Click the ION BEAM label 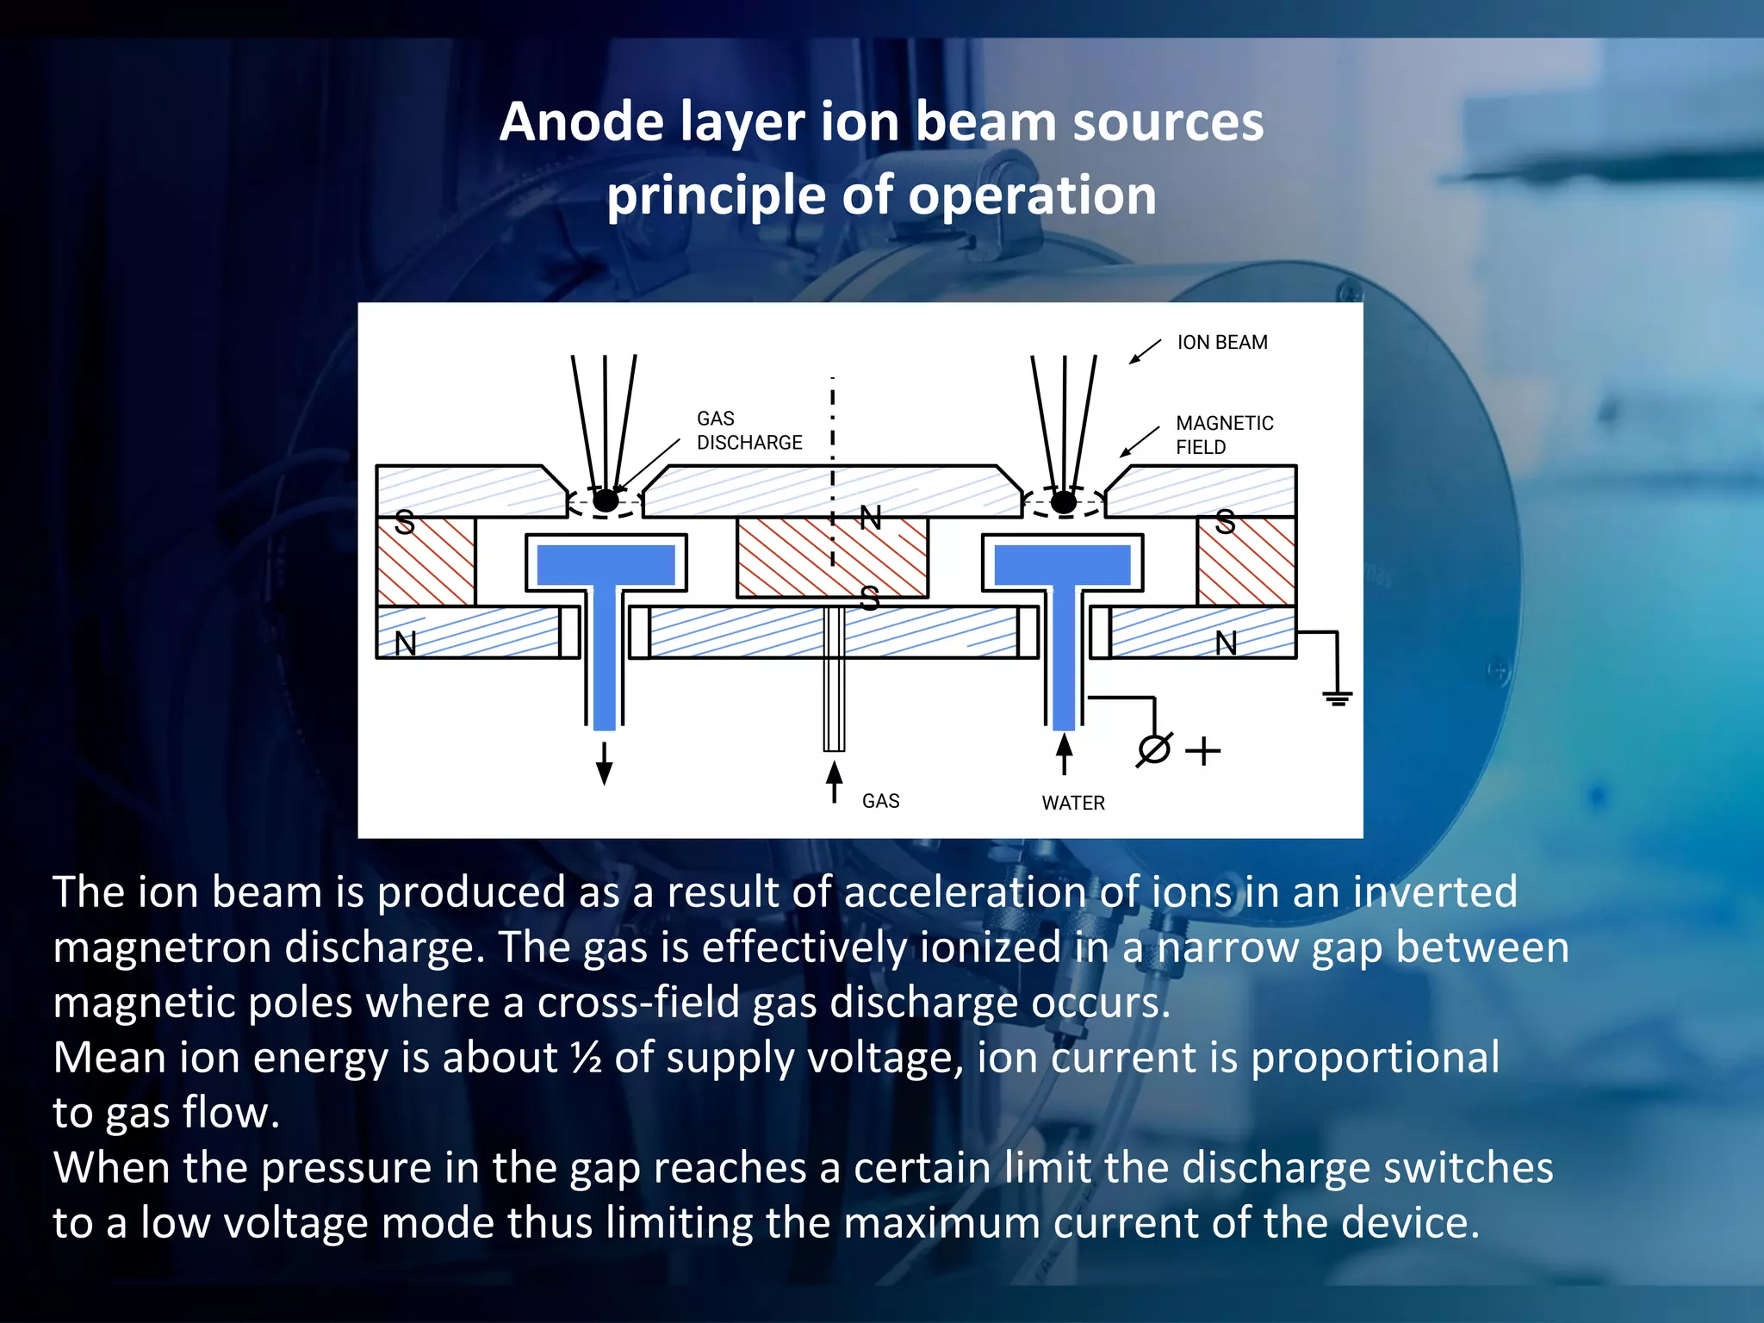[x=1221, y=343]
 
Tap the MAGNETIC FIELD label [x=1224, y=435]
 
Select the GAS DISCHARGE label [x=748, y=431]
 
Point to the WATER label [x=1072, y=803]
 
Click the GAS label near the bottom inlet [x=880, y=801]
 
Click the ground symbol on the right [x=1337, y=697]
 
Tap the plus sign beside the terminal [x=1202, y=751]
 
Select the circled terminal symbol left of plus [x=1154, y=749]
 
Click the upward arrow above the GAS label [x=834, y=780]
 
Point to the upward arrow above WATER [x=1065, y=753]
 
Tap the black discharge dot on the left [x=606, y=500]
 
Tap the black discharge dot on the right [x=1065, y=501]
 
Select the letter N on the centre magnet [x=871, y=519]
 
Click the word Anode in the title [x=581, y=121]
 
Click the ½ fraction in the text [x=586, y=1058]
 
